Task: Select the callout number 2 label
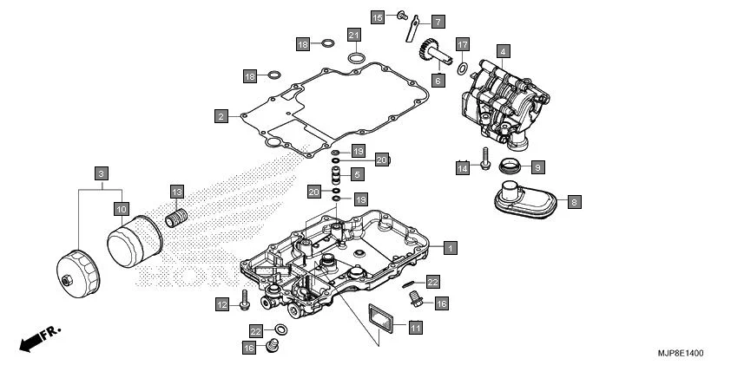click(x=221, y=115)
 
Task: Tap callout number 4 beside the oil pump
click(x=503, y=51)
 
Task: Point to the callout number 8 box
click(x=574, y=202)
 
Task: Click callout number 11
click(x=415, y=327)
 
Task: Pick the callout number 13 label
click(x=176, y=192)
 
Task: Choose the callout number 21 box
click(x=354, y=35)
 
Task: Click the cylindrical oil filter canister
click(x=135, y=244)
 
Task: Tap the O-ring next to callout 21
click(x=356, y=58)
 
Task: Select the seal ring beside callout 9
click(x=514, y=164)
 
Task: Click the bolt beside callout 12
click(x=246, y=301)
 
